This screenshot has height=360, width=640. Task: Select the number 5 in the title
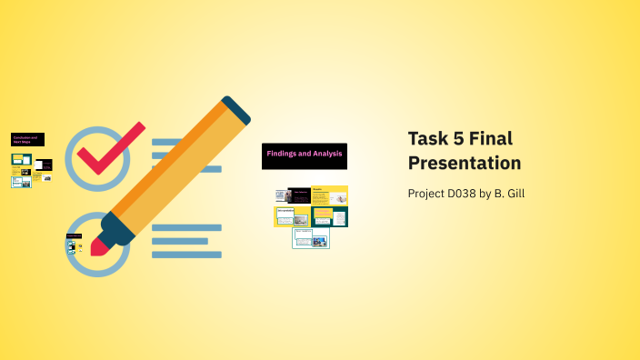[467, 139]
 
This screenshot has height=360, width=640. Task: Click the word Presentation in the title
[464, 164]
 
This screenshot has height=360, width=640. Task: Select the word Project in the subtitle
[427, 193]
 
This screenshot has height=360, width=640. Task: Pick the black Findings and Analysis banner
[305, 155]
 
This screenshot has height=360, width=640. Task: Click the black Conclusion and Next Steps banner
[27, 139]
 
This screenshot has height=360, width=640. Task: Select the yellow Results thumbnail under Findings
[329, 195]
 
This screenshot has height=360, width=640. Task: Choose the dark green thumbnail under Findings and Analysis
[329, 216]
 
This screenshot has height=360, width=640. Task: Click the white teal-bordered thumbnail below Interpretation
[311, 238]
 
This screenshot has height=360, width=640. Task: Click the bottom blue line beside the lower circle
[186, 255]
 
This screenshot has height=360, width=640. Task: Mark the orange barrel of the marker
[173, 173]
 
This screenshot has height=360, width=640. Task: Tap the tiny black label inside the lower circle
[74, 236]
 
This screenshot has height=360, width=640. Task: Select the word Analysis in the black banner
[325, 154]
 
